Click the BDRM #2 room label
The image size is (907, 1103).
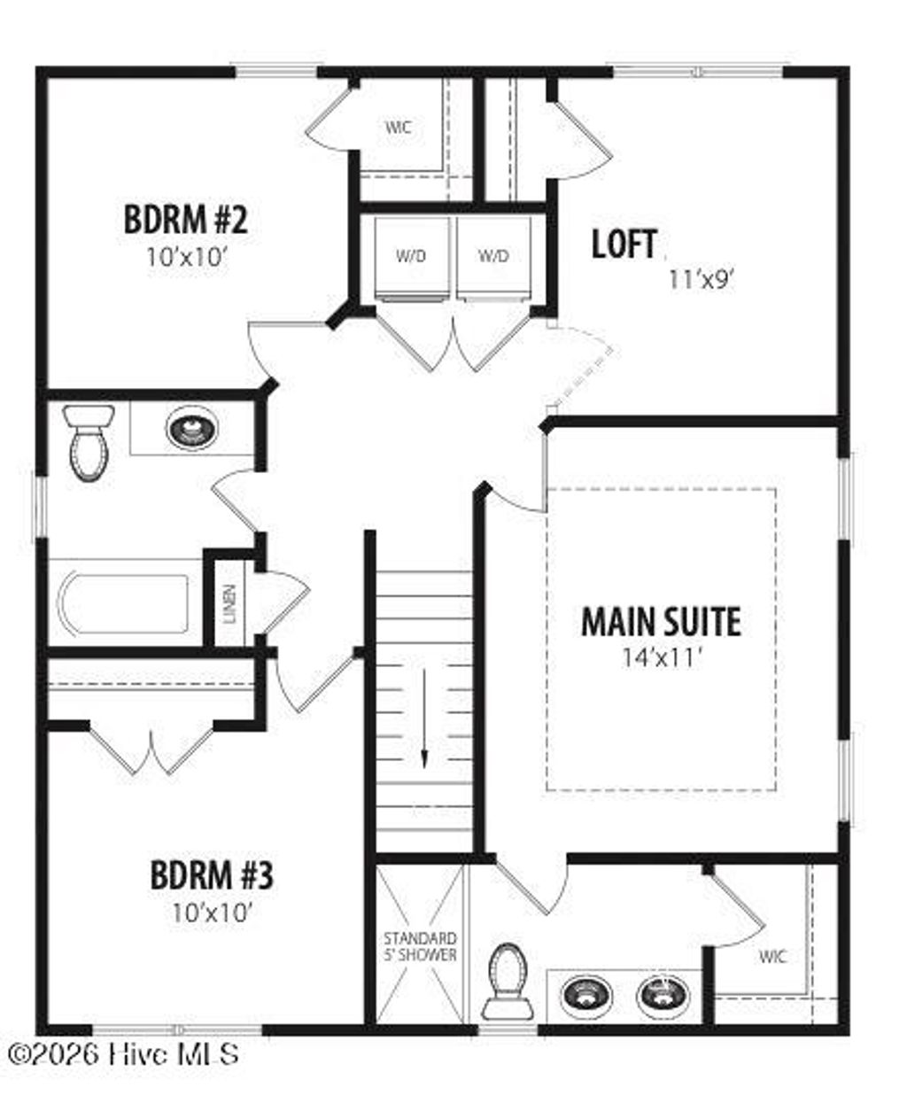[x=185, y=219]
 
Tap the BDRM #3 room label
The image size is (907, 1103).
[x=212, y=876]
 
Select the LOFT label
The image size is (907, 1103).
[x=624, y=245]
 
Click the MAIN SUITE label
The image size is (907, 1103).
[x=661, y=622]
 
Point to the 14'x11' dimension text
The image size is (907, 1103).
[x=661, y=657]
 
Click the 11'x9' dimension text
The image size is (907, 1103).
[x=702, y=280]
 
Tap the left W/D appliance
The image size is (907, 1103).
[x=411, y=257]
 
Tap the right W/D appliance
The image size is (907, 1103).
[x=493, y=257]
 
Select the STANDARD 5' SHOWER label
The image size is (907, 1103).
[x=420, y=946]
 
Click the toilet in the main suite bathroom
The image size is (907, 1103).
[x=507, y=982]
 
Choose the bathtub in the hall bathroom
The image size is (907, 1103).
[x=124, y=605]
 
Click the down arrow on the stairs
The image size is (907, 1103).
[x=424, y=718]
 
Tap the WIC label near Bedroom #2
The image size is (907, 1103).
[x=398, y=128]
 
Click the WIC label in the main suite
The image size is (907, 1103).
[x=772, y=957]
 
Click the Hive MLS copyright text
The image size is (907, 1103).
[x=123, y=1054]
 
